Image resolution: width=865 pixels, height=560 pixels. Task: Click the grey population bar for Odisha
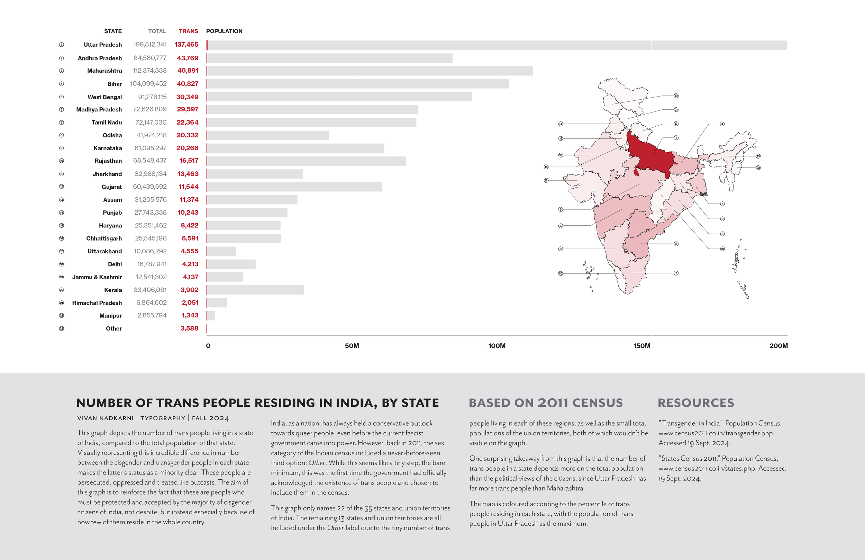(x=268, y=135)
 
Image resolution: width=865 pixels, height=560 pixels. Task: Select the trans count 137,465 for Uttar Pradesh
(x=186, y=45)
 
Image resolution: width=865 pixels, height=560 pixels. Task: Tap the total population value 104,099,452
(x=148, y=84)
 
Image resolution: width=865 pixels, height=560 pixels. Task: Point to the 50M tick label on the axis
(x=352, y=346)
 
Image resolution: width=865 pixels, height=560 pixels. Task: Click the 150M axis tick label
(x=642, y=346)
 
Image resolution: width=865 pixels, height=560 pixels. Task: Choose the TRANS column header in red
(x=188, y=31)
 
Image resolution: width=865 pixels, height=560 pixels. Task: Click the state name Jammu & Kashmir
(x=97, y=277)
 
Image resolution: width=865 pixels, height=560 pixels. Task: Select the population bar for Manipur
(x=211, y=316)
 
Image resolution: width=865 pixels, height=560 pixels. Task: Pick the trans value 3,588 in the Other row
(x=189, y=328)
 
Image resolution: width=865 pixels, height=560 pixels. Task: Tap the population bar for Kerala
(x=255, y=290)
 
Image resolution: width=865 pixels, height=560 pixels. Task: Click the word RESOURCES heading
(x=696, y=403)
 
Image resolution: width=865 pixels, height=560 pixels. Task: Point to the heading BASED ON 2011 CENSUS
(x=546, y=403)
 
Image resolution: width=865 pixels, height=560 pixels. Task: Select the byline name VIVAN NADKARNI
(x=106, y=418)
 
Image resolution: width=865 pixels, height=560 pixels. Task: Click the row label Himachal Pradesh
(x=97, y=303)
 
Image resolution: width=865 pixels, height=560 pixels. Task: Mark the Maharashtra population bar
(x=370, y=71)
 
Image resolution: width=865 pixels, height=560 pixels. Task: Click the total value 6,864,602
(x=151, y=302)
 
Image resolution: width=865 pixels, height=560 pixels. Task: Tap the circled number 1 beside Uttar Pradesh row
(x=62, y=45)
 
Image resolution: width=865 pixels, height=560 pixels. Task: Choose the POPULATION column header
(x=224, y=31)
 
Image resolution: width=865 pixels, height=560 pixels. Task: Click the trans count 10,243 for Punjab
(x=188, y=213)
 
